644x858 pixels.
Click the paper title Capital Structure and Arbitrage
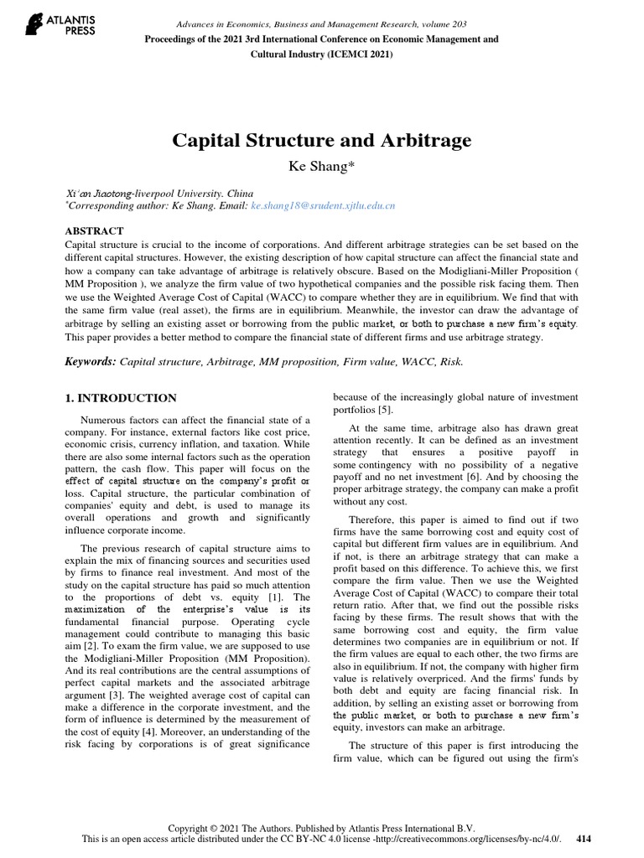tap(321, 139)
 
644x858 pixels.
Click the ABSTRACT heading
tap(94, 230)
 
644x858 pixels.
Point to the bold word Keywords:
tap(91, 361)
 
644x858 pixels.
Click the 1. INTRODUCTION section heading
tap(121, 398)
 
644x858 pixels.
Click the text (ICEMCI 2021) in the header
tap(353, 54)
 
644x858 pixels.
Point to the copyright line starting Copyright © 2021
tap(322, 826)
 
